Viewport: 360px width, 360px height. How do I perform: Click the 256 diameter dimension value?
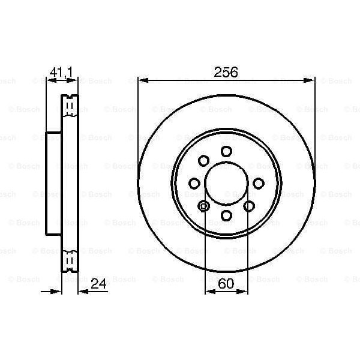(226, 72)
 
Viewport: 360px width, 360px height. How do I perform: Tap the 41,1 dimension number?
(61, 73)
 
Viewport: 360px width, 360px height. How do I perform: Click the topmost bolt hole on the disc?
(226, 151)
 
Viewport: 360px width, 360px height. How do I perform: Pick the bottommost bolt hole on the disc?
(226, 215)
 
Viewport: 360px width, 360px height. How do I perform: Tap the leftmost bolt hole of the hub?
(194, 183)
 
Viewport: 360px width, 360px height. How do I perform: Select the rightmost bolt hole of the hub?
(259, 183)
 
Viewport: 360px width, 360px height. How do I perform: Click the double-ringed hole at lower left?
(204, 206)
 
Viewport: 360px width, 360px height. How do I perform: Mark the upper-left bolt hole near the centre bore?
(203, 160)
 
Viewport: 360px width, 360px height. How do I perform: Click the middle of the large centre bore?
(226, 183)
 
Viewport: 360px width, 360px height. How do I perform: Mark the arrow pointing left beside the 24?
(83, 291)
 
